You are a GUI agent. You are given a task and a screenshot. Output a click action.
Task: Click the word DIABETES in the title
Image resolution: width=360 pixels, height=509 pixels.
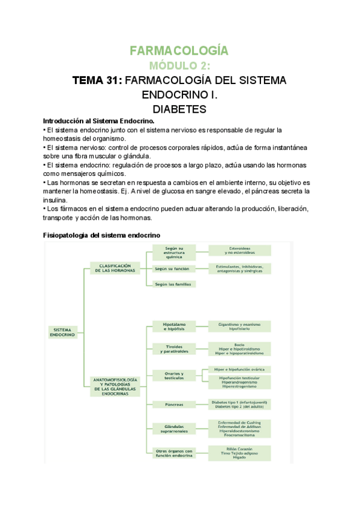point(179,109)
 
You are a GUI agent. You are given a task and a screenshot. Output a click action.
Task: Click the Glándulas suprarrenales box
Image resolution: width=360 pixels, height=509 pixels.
point(173,429)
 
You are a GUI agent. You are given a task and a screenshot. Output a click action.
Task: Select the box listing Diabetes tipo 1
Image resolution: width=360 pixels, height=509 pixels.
point(239,404)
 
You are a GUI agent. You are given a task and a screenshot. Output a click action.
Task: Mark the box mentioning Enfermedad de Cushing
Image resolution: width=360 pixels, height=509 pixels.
point(239,428)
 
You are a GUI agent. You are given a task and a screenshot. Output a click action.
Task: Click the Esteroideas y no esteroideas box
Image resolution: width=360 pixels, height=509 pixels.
point(239,250)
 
